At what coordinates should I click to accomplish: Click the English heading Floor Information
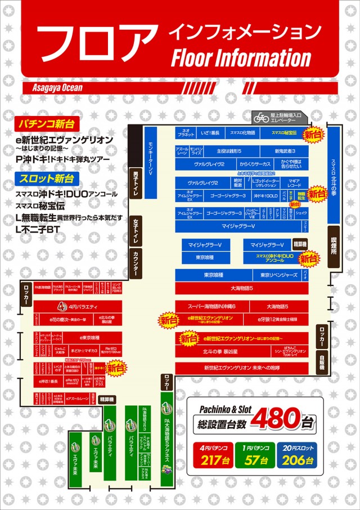(x=241, y=58)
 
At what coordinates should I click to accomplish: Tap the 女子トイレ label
(x=136, y=231)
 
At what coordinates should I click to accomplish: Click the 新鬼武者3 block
(x=285, y=151)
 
